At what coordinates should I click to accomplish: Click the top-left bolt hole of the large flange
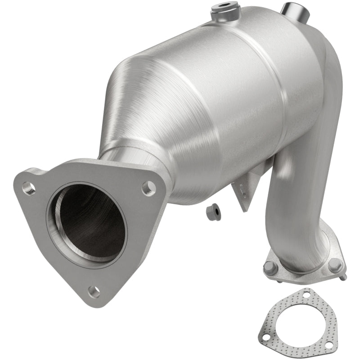click(x=29, y=188)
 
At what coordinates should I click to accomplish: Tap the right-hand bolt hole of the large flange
click(x=148, y=187)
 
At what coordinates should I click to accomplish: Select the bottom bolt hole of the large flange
click(x=94, y=292)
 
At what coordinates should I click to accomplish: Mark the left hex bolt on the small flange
click(x=270, y=267)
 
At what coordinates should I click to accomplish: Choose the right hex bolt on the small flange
click(x=334, y=265)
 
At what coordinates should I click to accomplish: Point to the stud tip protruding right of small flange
click(x=343, y=277)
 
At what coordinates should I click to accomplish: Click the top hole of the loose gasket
click(x=307, y=295)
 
